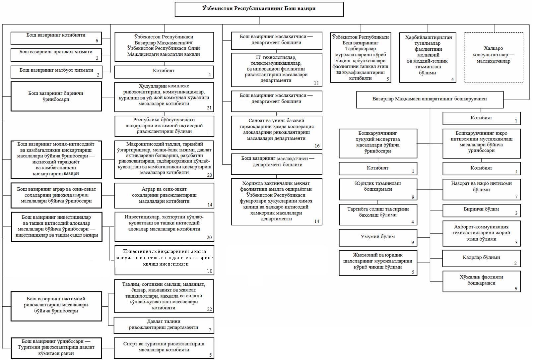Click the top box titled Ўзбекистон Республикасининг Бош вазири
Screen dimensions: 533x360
click(259, 9)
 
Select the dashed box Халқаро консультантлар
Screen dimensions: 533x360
click(494, 58)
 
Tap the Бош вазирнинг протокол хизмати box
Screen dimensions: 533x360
click(56, 55)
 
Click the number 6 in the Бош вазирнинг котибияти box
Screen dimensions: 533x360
click(97, 41)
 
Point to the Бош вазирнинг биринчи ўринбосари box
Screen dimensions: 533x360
click(56, 96)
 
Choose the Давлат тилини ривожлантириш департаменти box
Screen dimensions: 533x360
click(164, 325)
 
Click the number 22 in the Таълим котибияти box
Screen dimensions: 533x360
click(209, 309)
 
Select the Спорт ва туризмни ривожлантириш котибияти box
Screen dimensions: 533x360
click(164, 348)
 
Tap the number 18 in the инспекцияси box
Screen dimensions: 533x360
click(209, 271)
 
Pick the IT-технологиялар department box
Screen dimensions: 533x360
click(277, 70)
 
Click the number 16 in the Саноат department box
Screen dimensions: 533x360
click(317, 146)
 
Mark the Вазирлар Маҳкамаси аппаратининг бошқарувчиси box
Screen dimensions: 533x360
click(430, 100)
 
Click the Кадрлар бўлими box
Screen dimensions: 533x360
click(481, 258)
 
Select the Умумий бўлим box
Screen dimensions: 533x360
click(378, 238)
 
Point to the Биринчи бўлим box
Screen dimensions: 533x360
click(481, 210)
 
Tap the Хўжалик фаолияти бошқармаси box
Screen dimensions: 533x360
click(481, 281)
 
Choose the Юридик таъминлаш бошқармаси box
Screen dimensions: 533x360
click(378, 189)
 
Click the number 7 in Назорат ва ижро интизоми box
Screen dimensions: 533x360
click(516, 197)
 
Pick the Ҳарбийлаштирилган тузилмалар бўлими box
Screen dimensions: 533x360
click(428, 58)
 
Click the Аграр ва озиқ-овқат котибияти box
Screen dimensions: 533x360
click(164, 196)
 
